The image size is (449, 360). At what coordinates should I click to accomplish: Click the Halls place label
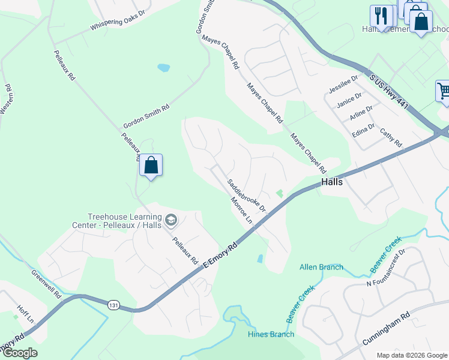(x=332, y=181)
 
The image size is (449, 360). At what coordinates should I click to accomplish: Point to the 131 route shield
(x=114, y=305)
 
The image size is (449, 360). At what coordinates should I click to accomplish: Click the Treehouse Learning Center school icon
(x=171, y=221)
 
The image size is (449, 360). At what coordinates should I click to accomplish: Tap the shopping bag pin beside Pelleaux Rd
(x=151, y=165)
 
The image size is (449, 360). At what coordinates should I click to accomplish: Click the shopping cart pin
(x=444, y=91)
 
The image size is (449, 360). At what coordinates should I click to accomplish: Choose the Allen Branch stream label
(x=322, y=267)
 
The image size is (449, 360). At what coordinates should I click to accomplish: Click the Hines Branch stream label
(x=271, y=334)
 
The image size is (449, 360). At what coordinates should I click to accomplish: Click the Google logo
(x=19, y=353)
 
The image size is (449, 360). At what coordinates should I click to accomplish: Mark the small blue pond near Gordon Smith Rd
(x=163, y=68)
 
